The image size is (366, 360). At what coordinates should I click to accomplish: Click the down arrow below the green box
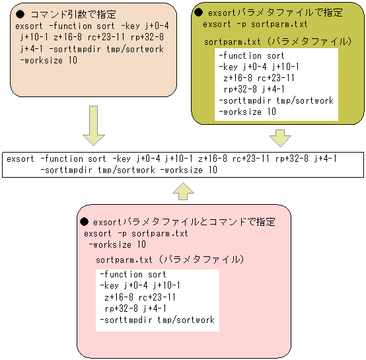pos(280,137)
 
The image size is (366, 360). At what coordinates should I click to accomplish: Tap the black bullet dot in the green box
pos(198,13)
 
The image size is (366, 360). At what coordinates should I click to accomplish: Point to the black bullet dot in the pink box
pos(84,222)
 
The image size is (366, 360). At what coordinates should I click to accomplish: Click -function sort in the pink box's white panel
pos(133,274)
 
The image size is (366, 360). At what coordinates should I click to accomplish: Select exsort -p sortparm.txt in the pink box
pos(136,233)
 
